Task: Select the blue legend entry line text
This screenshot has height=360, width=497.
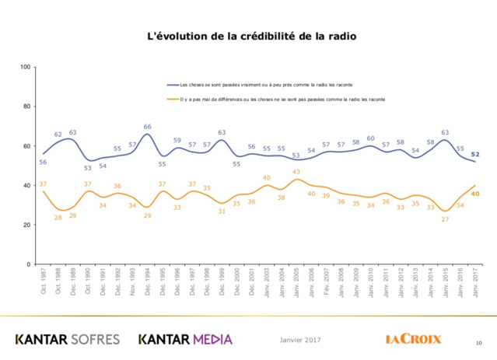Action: click(268, 84)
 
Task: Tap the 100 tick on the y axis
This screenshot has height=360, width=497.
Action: click(26, 67)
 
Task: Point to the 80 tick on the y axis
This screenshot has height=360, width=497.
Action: click(27, 107)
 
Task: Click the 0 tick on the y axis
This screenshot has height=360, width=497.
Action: click(30, 264)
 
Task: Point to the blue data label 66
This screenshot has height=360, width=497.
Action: click(147, 126)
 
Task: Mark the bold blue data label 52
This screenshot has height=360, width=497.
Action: click(474, 154)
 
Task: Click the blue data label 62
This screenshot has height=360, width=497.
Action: click(58, 135)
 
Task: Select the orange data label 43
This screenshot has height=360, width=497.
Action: click(296, 172)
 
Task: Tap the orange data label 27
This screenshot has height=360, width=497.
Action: click(445, 220)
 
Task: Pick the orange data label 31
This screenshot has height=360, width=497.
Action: click(222, 211)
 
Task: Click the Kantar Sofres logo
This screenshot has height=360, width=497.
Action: click(68, 339)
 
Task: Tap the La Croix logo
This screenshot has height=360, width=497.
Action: click(413, 338)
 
